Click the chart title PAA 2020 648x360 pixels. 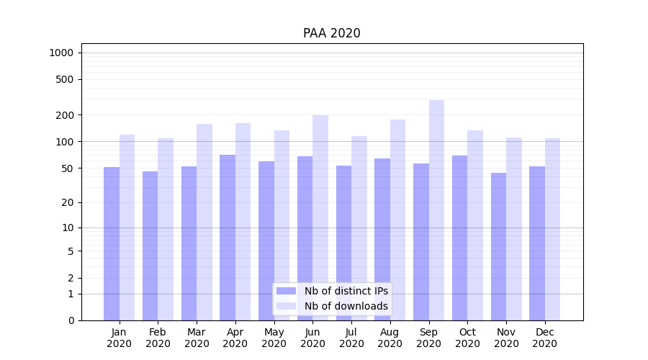click(331, 33)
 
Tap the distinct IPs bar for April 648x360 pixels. click(228, 238)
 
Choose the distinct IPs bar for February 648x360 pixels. click(150, 246)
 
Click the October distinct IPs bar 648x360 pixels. click(459, 238)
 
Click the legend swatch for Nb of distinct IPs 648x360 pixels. click(286, 291)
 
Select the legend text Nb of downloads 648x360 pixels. click(346, 306)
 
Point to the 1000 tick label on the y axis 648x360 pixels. click(61, 53)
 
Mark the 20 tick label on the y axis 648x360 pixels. click(68, 202)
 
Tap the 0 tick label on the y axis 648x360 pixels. click(71, 320)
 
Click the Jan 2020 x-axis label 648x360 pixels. click(119, 338)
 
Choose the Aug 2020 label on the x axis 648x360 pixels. click(390, 338)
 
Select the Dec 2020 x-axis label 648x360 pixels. click(544, 338)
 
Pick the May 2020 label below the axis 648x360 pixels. click(274, 338)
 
